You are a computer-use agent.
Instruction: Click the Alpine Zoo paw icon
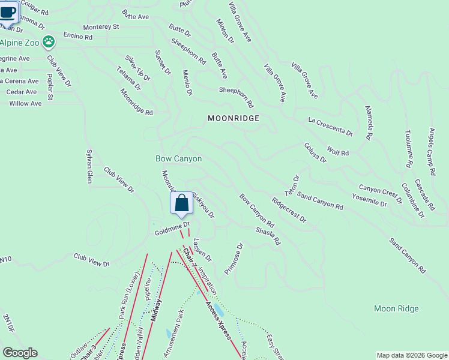point(49,42)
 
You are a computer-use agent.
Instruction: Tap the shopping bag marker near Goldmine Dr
point(181,204)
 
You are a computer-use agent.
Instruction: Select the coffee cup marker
point(8,12)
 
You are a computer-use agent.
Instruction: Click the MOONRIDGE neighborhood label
point(234,118)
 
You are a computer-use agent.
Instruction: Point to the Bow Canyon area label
point(179,159)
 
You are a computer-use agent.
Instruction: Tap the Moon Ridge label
point(396,308)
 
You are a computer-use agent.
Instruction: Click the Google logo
point(20,353)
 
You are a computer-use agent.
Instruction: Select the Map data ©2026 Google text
point(411,355)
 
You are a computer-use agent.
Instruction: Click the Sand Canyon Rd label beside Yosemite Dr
point(320,202)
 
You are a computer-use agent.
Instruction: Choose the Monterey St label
point(101,27)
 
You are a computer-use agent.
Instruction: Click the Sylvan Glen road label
point(89,166)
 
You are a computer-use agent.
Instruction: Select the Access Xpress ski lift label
point(218,320)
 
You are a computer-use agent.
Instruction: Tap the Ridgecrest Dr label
point(289,210)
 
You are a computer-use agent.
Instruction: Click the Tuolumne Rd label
point(408,148)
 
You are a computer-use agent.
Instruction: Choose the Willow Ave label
point(25,103)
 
